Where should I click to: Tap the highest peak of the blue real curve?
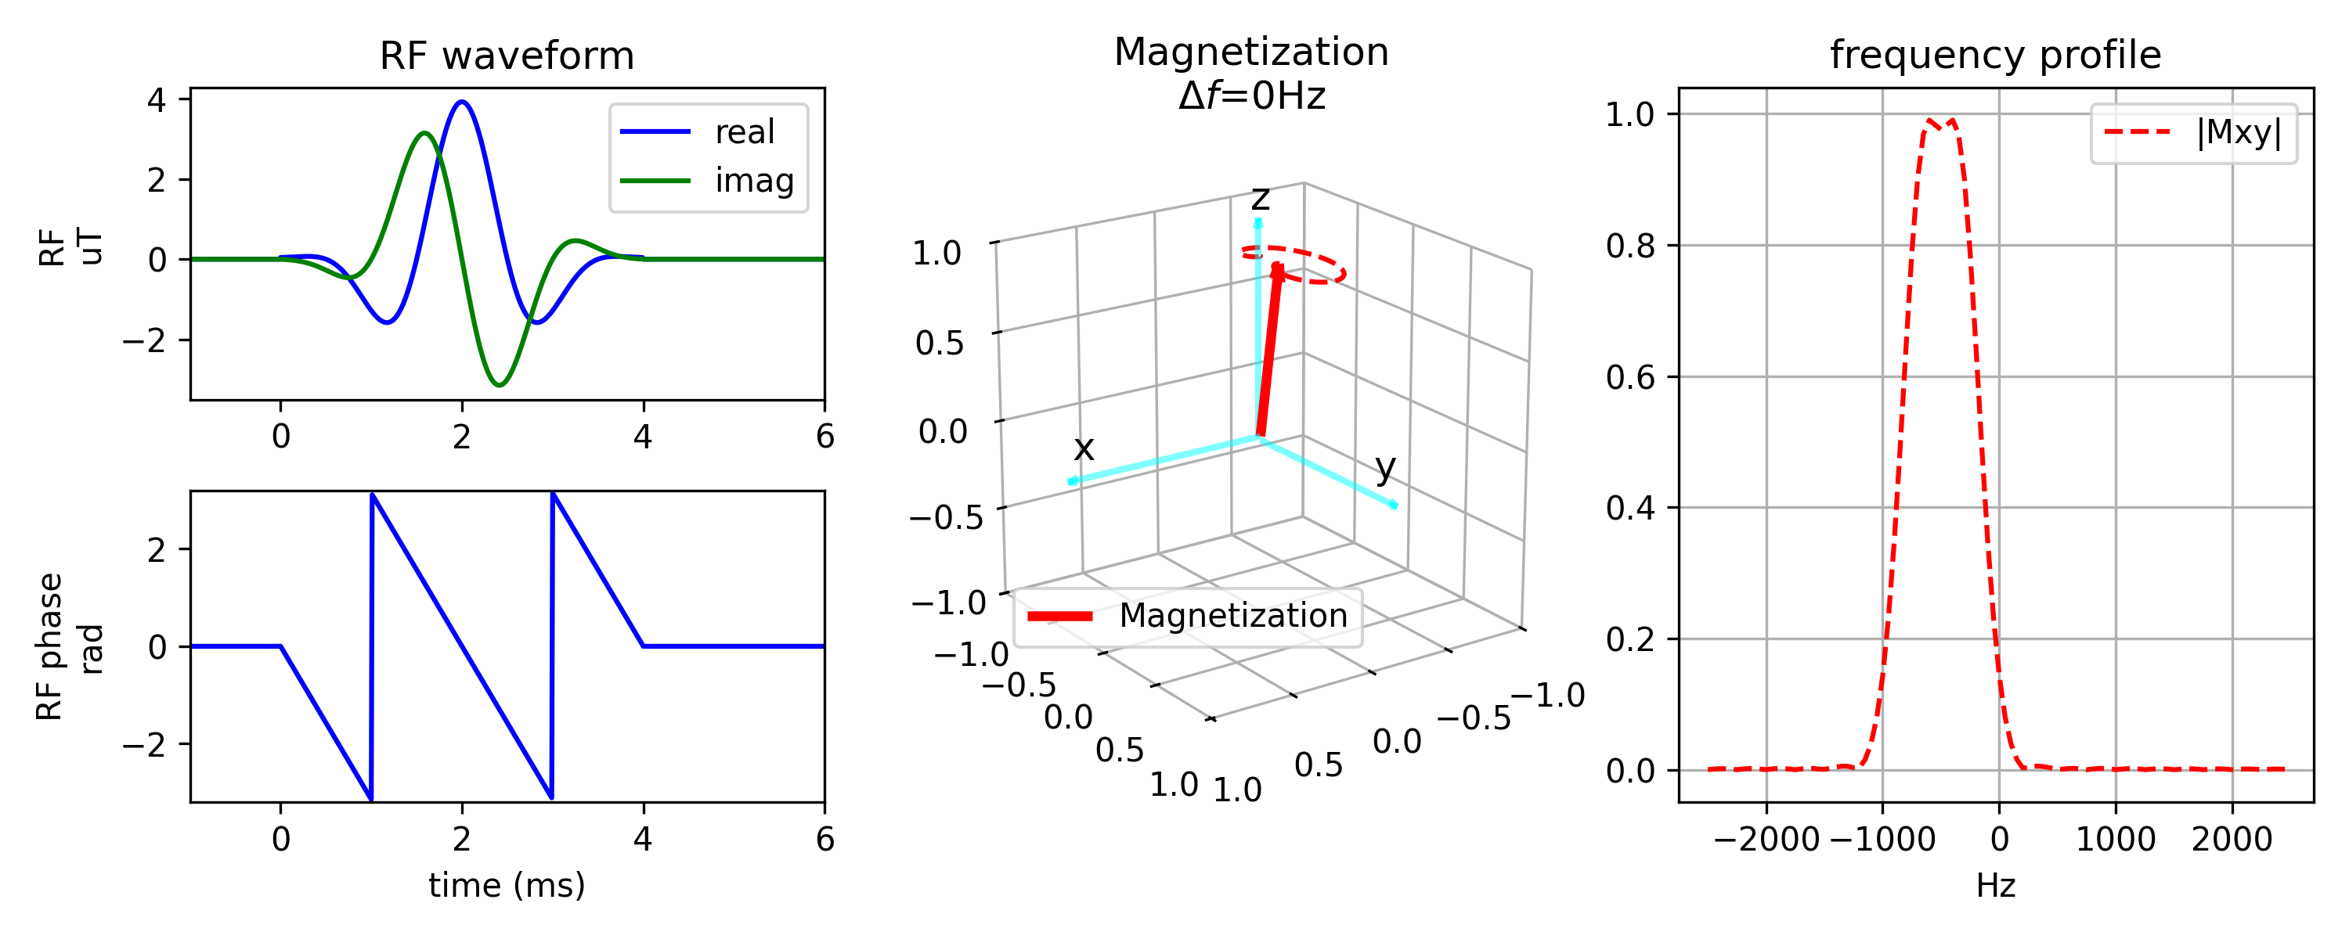click(x=462, y=102)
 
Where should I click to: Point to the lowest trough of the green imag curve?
click(x=499, y=385)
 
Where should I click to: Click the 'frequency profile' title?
click(x=1995, y=56)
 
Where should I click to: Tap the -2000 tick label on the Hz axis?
click(x=1766, y=840)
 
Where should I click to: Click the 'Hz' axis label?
click(x=1995, y=885)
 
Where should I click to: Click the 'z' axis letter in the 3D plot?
click(x=1260, y=197)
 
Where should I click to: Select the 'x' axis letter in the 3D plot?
click(x=1084, y=448)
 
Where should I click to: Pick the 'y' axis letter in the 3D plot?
click(x=1385, y=468)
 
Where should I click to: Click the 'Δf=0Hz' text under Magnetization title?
click(x=1251, y=95)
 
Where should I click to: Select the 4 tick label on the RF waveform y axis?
click(x=157, y=99)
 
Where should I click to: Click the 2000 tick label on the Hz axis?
click(x=2232, y=840)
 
